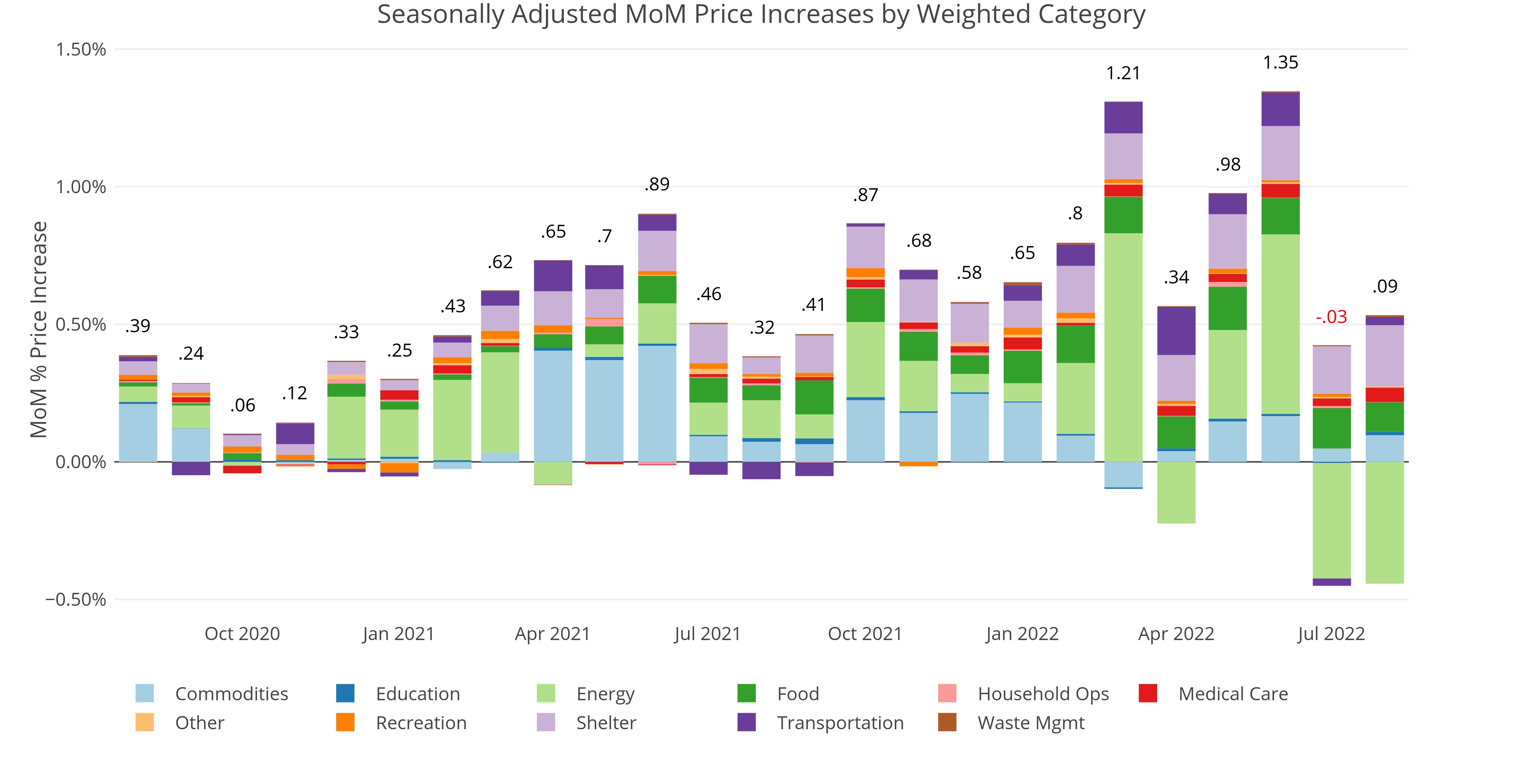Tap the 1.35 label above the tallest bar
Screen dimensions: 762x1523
tap(1280, 63)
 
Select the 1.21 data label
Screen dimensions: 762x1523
tap(1123, 74)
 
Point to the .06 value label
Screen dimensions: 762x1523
tap(243, 405)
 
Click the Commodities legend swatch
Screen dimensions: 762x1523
tap(144, 693)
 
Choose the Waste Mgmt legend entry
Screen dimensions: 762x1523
tap(1031, 723)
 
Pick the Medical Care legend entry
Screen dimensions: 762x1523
tap(1233, 693)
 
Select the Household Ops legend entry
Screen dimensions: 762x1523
tap(1043, 693)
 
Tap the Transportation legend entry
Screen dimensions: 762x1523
tap(840, 723)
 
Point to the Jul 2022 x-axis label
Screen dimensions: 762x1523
tap(1331, 634)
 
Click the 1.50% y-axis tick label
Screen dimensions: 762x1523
tap(81, 49)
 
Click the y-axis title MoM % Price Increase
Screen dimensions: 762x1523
tap(39, 330)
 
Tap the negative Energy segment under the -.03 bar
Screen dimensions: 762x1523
tap(1331, 520)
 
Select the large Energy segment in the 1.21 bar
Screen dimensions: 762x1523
tap(1123, 347)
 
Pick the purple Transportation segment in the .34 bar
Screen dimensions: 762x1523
tap(1176, 331)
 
